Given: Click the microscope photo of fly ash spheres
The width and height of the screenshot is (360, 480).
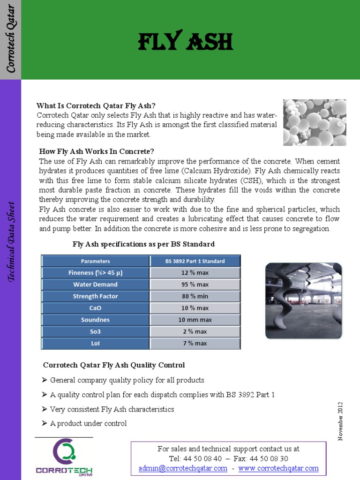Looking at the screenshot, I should pyautogui.click(x=315, y=122).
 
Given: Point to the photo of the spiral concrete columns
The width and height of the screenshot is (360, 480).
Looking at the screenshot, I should pyautogui.click(x=303, y=300).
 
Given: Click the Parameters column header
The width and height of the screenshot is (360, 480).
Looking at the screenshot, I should pyautogui.click(x=95, y=261).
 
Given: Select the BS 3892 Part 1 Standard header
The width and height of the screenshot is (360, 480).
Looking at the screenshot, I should pyautogui.click(x=195, y=261).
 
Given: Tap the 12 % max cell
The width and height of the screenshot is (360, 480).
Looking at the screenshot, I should pyautogui.click(x=195, y=273).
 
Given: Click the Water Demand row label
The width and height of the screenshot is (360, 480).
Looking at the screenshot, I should pyautogui.click(x=95, y=285).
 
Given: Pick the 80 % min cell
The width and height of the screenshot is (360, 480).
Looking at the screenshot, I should pyautogui.click(x=195, y=296).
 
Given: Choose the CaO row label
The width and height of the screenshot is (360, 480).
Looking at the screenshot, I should pyautogui.click(x=95, y=308).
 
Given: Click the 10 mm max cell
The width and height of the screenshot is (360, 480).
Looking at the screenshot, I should pyautogui.click(x=195, y=320).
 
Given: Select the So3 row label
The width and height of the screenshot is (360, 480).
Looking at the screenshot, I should pyautogui.click(x=95, y=331).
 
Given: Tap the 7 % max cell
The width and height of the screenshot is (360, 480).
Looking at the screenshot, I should pyautogui.click(x=195, y=343).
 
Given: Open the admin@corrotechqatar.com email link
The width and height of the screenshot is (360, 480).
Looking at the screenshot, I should pyautogui.click(x=183, y=468).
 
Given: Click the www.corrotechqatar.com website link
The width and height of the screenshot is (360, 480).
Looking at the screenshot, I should pyautogui.click(x=278, y=468).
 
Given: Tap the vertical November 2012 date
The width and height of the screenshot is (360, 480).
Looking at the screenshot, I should pyautogui.click(x=340, y=421).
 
